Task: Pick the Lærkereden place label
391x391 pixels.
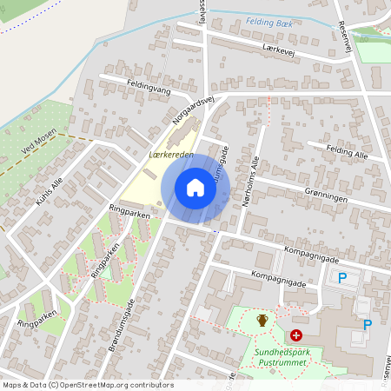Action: coord(171,154)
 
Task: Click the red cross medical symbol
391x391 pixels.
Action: coord(296,335)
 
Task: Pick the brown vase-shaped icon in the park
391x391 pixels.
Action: coord(262,321)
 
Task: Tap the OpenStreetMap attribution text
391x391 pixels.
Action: coord(88,385)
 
